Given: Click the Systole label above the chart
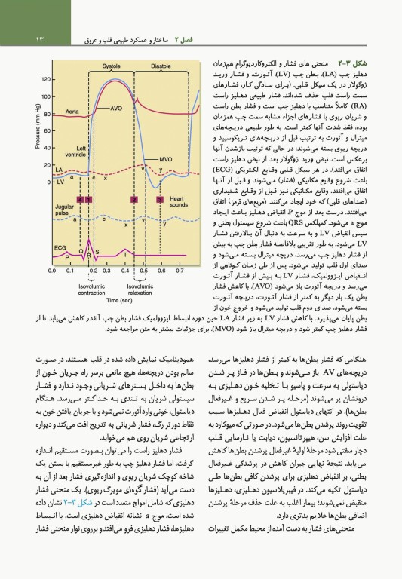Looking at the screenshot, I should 112,66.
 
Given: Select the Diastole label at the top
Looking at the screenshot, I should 161,66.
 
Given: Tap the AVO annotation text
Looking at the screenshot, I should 116,109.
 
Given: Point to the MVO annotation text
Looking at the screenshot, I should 166,159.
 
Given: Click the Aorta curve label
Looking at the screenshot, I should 72,111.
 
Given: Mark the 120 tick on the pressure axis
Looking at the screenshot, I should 46,79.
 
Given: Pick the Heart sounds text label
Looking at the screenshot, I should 179,202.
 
